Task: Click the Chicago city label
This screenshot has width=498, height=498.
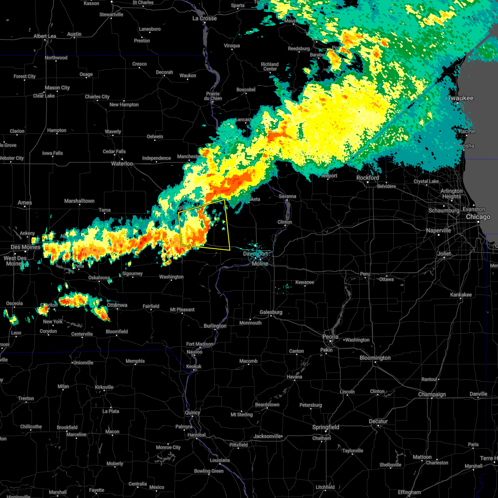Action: [478, 217]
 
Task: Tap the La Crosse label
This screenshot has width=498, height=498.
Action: [205, 19]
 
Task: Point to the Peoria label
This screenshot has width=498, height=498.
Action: [330, 337]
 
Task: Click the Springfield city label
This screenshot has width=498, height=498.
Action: [326, 427]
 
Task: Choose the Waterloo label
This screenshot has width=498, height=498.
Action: [122, 164]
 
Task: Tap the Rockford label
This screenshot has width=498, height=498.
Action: [368, 178]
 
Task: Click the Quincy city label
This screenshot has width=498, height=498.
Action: [193, 413]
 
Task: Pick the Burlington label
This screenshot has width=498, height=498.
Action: [215, 326]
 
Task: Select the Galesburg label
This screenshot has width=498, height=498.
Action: [271, 312]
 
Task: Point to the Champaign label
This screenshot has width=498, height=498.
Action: [432, 395]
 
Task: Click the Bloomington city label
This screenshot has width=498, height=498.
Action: [375, 358]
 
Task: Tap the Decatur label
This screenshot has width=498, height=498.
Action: [378, 422]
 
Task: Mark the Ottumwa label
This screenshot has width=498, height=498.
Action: [117, 305]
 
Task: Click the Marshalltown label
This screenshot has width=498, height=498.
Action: [79, 201]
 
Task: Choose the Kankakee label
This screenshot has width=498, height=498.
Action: [461, 295]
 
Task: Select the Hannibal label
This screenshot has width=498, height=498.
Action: [196, 435]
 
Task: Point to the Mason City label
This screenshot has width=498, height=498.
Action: [57, 88]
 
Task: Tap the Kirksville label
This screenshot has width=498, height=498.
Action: [104, 387]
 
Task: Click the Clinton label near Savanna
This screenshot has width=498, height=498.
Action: [285, 222]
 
